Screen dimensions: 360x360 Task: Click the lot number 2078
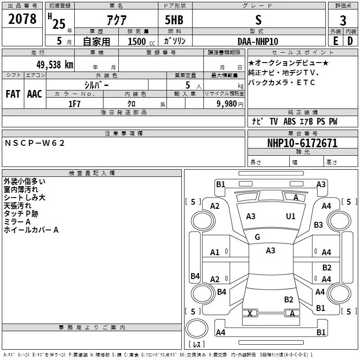pyautogui.click(x=22, y=19)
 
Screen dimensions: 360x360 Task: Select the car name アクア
pyautogui.click(x=117, y=20)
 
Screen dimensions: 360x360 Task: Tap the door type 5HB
pyautogui.click(x=174, y=20)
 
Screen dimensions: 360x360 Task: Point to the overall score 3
pyautogui.click(x=343, y=20)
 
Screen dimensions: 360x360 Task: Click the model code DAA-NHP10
pyautogui.click(x=258, y=41)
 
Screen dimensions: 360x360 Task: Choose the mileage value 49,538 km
pyautogui.click(x=55, y=65)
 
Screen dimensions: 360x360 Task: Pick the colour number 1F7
pyautogui.click(x=74, y=104)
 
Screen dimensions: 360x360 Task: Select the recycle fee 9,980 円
pyautogui.click(x=230, y=104)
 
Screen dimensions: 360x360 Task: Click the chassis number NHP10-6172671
pyautogui.click(x=302, y=143)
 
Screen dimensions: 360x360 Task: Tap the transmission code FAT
pyautogui.click(x=13, y=94)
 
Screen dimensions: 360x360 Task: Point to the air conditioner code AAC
pyautogui.click(x=35, y=94)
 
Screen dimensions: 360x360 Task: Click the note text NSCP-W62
pyautogui.click(x=35, y=143)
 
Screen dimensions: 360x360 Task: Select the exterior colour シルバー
pyautogui.click(x=96, y=85)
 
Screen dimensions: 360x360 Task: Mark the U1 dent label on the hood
pyautogui.click(x=290, y=216)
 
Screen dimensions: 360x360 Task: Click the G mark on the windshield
pyautogui.click(x=257, y=237)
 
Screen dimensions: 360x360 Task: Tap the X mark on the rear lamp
pyautogui.click(x=250, y=313)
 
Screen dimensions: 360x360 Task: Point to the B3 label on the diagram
pyautogui.click(x=318, y=225)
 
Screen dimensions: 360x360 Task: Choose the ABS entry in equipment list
pyautogui.click(x=289, y=121)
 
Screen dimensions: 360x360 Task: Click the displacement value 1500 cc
pyautogui.click(x=141, y=41)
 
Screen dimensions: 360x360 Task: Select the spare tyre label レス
pyautogui.click(x=197, y=344)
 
